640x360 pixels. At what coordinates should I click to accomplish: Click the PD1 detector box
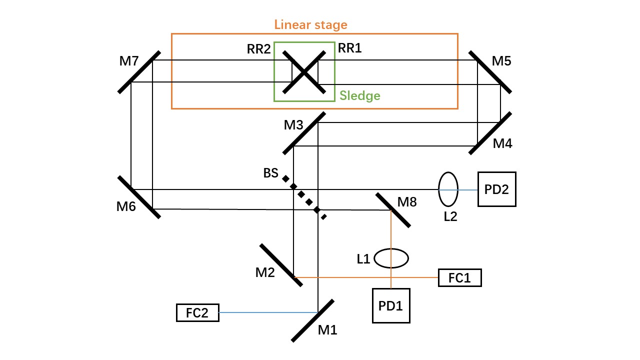click(x=391, y=305)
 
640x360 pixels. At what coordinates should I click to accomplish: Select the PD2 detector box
click(x=497, y=189)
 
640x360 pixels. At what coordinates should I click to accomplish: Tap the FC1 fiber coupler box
click(x=459, y=277)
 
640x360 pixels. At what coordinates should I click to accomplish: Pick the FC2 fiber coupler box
click(x=197, y=313)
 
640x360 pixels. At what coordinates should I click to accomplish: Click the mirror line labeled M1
click(x=312, y=320)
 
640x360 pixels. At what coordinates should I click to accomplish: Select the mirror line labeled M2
click(x=281, y=265)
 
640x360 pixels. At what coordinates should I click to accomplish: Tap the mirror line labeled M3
click(x=304, y=133)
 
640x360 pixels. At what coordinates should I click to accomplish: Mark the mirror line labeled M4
click(x=490, y=133)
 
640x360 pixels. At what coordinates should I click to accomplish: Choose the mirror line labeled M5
click(x=490, y=72)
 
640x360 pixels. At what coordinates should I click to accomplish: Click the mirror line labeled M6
click(x=139, y=197)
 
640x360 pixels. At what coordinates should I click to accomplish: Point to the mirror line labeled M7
click(x=139, y=72)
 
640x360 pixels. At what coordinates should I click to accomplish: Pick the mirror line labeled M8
click(x=393, y=210)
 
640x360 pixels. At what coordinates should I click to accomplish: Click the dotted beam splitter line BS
click(x=304, y=197)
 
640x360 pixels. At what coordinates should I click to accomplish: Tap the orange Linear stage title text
click(x=310, y=25)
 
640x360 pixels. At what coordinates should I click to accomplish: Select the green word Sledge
click(x=359, y=95)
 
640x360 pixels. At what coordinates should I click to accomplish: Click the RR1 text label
click(x=349, y=48)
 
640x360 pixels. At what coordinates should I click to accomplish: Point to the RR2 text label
click(x=258, y=49)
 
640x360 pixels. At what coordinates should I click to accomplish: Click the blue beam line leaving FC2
click(x=268, y=312)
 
